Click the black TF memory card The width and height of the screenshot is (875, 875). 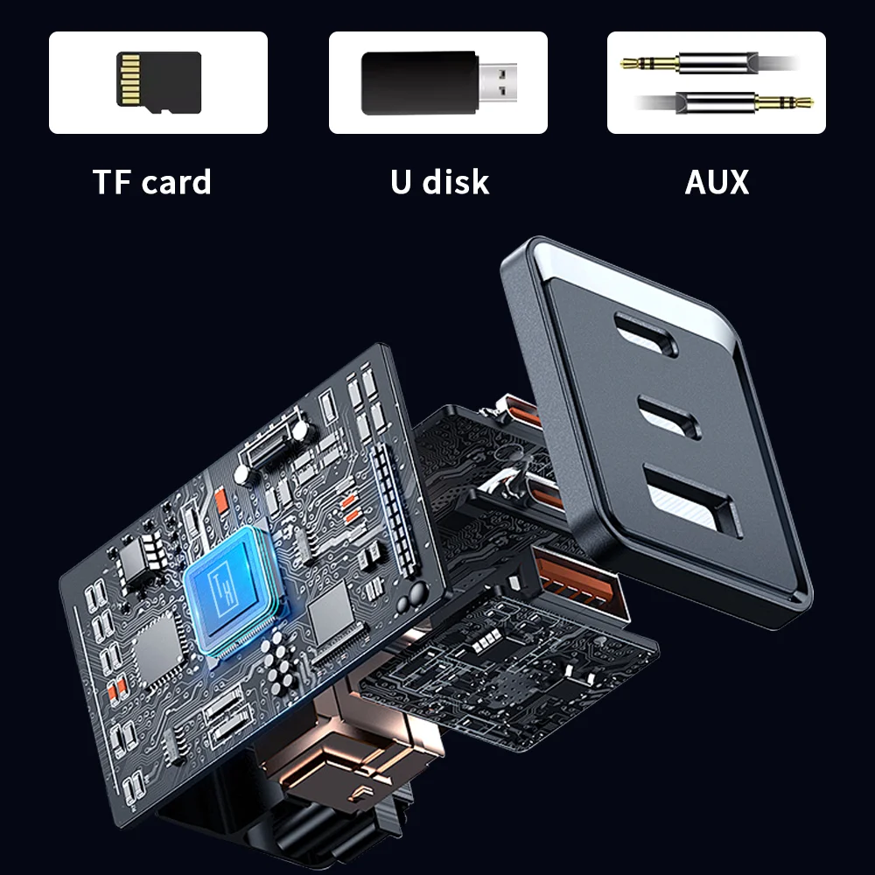pyautogui.click(x=158, y=83)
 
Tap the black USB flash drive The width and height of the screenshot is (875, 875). pyautogui.click(x=418, y=81)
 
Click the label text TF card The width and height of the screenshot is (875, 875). pyautogui.click(x=152, y=182)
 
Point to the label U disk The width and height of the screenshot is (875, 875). pyautogui.click(x=439, y=182)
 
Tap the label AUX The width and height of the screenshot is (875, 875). pyautogui.click(x=717, y=182)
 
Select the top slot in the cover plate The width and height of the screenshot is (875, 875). pyautogui.click(x=645, y=334)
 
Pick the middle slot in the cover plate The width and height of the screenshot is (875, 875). pyautogui.click(x=669, y=414)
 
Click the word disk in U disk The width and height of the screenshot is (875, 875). pyautogui.click(x=456, y=182)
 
